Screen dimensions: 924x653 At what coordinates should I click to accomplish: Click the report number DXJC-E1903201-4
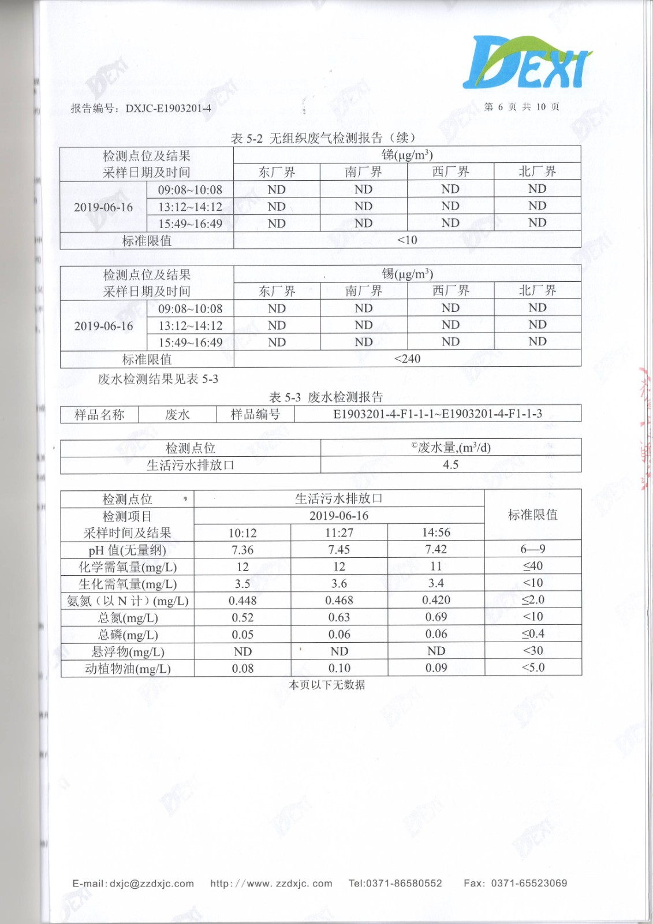[168, 109]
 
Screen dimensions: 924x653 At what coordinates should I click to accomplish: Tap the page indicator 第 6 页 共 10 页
[521, 107]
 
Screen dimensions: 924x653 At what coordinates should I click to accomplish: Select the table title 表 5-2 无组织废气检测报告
[323, 138]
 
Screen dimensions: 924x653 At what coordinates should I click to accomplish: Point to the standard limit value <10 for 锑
[407, 240]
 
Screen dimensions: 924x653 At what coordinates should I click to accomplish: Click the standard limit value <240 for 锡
[407, 359]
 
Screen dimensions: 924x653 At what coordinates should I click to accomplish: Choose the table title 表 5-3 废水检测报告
[326, 397]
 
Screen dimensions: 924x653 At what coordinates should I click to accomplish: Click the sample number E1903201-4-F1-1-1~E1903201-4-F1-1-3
[437, 414]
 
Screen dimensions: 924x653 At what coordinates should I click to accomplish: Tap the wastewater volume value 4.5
[450, 465]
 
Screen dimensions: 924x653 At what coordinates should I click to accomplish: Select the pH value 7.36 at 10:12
[242, 550]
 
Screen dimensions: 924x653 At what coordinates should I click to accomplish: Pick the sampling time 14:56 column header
[436, 532]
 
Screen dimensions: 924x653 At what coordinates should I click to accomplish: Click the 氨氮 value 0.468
[339, 601]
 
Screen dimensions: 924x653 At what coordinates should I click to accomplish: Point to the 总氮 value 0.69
[436, 617]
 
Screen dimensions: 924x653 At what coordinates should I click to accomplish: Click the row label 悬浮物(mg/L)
[128, 652]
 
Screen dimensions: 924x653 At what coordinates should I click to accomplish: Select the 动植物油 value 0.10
[339, 668]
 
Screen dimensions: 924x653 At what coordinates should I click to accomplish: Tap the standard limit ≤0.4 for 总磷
[532, 634]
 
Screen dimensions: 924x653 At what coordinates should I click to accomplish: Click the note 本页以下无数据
[327, 685]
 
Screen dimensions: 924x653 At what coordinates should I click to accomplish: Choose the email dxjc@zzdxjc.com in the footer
[152, 884]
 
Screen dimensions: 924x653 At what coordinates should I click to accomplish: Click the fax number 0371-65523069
[529, 883]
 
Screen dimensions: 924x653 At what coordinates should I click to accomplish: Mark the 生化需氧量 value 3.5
[242, 584]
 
